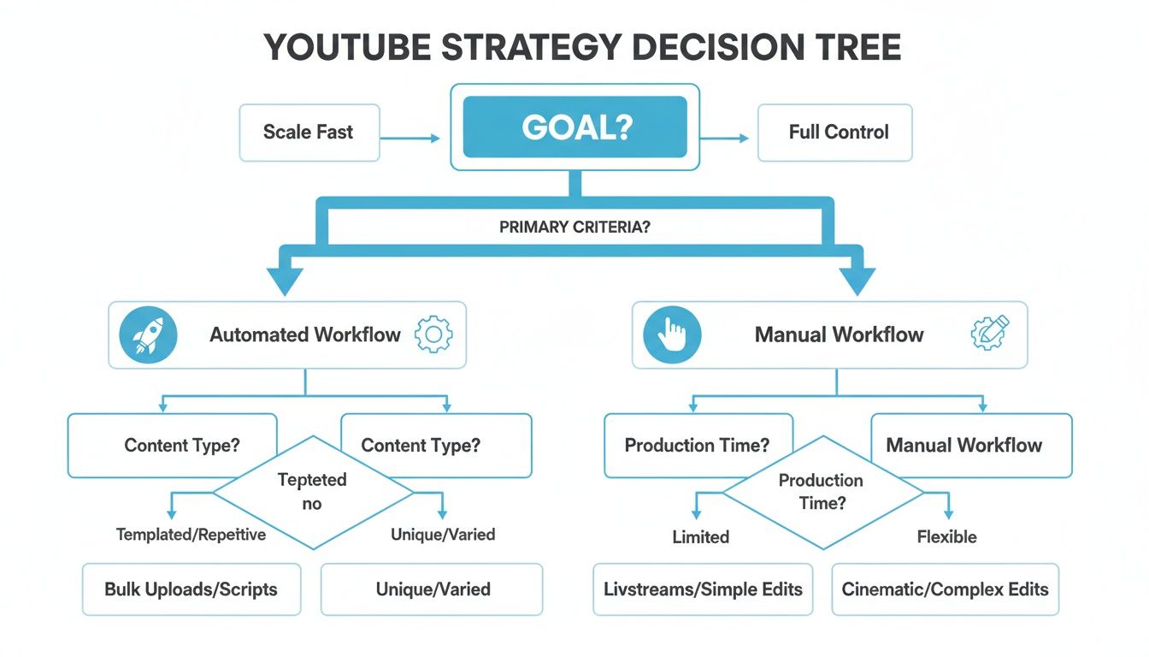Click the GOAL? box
pos(574,127)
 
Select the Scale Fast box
pos(309,132)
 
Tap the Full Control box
pos(834,132)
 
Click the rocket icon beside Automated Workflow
pos(149,334)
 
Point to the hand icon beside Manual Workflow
pos(672,334)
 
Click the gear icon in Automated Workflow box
pos(433,334)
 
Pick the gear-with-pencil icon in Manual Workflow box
pos(990,333)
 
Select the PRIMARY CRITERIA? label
pos(574,229)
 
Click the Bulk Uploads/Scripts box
pos(191,589)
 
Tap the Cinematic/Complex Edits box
pos(945,589)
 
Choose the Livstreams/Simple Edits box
pos(703,589)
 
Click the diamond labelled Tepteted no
pos(312,492)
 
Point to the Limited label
pos(701,537)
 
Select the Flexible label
pos(946,537)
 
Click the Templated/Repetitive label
pos(191,535)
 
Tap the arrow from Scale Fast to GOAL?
pos(410,137)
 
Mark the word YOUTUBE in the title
pos(347,47)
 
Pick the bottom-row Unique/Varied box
pos(432,589)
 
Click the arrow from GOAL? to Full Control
pos(728,137)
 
